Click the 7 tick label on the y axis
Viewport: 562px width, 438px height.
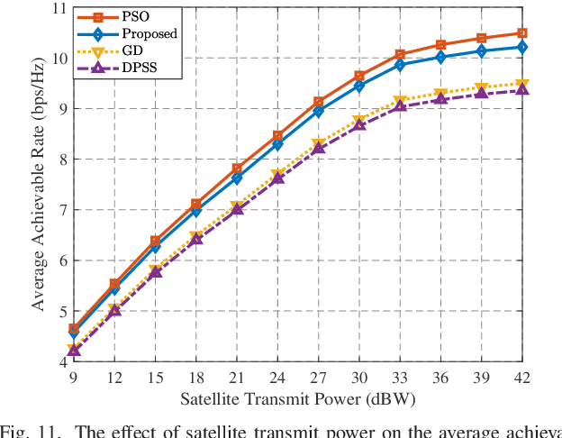pyautogui.click(x=62, y=210)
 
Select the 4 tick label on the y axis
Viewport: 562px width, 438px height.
pyautogui.click(x=62, y=362)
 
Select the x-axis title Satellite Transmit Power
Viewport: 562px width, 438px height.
pyautogui.click(x=297, y=399)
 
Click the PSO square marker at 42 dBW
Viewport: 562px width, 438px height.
pyautogui.click(x=521, y=33)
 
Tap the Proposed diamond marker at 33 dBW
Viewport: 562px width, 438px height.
pyautogui.click(x=400, y=65)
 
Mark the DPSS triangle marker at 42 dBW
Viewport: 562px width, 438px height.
pyautogui.click(x=521, y=90)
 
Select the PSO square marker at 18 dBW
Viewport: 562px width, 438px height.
pyautogui.click(x=195, y=205)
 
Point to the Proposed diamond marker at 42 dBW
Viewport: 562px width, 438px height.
pyautogui.click(x=521, y=47)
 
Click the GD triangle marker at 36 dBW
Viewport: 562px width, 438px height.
pyautogui.click(x=440, y=94)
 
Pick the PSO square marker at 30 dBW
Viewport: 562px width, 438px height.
pyautogui.click(x=358, y=76)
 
